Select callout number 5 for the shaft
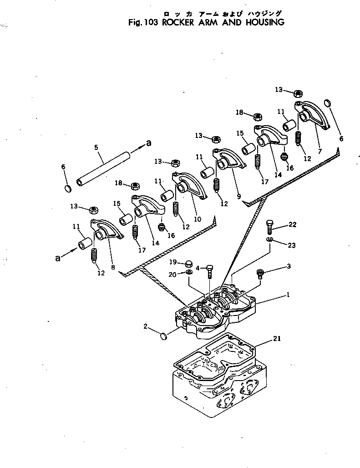pyautogui.click(x=96, y=147)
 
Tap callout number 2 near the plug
pyautogui.click(x=145, y=326)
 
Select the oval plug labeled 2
pyautogui.click(x=162, y=336)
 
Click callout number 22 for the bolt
pyautogui.click(x=292, y=224)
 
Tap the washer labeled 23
pyautogui.click(x=269, y=239)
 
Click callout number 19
pyautogui.click(x=173, y=262)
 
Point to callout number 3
pyautogui.click(x=288, y=266)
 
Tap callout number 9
pyautogui.click(x=238, y=196)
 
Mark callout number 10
pyautogui.click(x=198, y=219)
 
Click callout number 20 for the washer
pyautogui.click(x=173, y=274)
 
